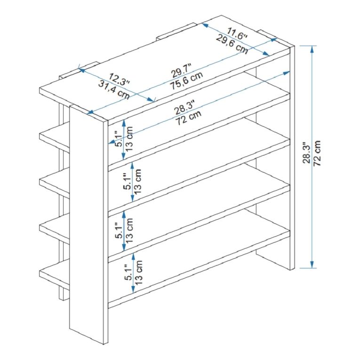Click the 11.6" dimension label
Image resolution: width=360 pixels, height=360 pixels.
coord(237,34)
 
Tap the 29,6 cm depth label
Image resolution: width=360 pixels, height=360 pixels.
coord(232,45)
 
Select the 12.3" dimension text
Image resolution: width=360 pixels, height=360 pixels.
coord(119,80)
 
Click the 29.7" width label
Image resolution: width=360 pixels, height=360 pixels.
coord(181,71)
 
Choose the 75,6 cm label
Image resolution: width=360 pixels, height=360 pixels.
coord(187,81)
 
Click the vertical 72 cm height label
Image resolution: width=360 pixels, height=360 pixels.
coord(317,153)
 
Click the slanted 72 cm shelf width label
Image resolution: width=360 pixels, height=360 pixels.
coord(189,118)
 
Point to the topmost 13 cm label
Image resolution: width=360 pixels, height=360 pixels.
coord(129,139)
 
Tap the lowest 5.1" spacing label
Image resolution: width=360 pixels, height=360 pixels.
coord(128,272)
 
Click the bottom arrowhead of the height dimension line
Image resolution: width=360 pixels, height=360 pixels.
coord(312,264)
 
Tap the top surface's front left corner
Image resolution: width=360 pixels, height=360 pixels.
coord(40,88)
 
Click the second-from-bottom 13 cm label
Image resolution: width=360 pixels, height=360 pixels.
coord(129,231)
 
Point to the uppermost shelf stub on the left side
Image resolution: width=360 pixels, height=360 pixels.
coord(55,137)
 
